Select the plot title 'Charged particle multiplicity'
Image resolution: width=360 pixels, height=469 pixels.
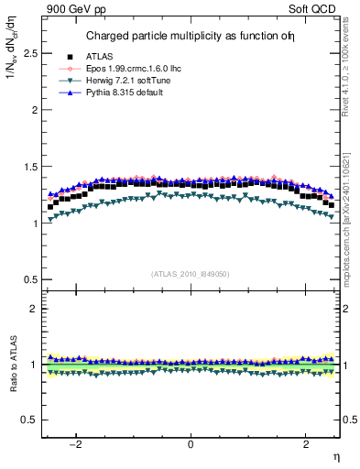(174, 37)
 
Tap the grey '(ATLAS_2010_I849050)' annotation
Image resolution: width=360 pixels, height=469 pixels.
(190, 274)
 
